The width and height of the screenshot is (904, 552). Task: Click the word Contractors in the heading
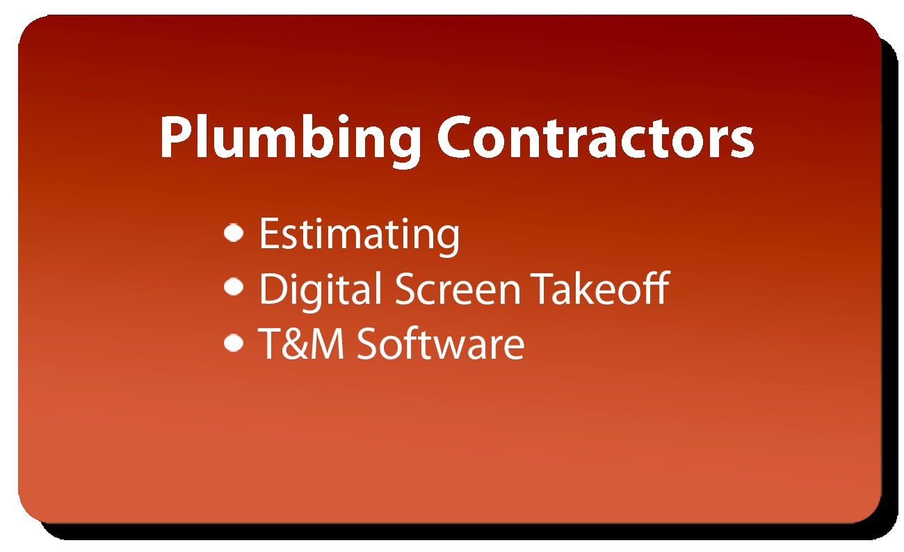596,137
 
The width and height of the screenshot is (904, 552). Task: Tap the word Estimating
360,236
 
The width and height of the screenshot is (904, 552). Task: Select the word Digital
321,291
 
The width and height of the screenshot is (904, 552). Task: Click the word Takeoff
600,288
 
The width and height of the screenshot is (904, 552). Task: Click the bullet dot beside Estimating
234,233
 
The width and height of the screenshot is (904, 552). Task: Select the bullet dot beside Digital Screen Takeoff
234,287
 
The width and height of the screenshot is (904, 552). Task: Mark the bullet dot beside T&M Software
234,343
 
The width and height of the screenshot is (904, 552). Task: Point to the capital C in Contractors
454,137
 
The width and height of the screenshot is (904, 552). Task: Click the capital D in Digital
275,288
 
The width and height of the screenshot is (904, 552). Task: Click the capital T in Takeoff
542,288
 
